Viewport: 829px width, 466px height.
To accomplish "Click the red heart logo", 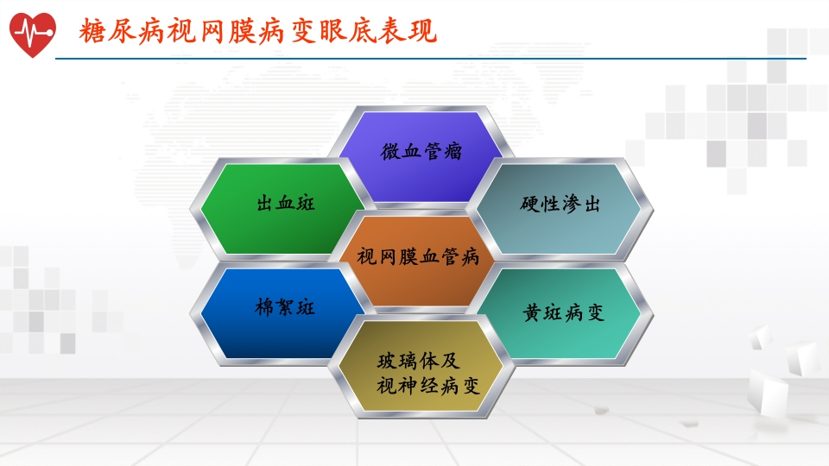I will (32, 34).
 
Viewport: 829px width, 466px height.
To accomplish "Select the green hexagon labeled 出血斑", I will (285, 205).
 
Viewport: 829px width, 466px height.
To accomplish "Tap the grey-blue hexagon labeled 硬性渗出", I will (560, 205).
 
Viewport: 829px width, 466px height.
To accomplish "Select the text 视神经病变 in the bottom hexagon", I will (428, 386).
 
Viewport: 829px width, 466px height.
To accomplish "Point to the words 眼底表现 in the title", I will (380, 32).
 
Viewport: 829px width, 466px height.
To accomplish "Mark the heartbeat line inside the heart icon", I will (32, 32).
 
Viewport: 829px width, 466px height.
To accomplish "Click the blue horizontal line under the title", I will (432, 59).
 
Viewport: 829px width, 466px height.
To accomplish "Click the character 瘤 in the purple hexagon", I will (452, 152).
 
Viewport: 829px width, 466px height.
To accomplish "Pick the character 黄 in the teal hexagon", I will (533, 312).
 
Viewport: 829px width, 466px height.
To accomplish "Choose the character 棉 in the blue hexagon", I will (265, 308).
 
